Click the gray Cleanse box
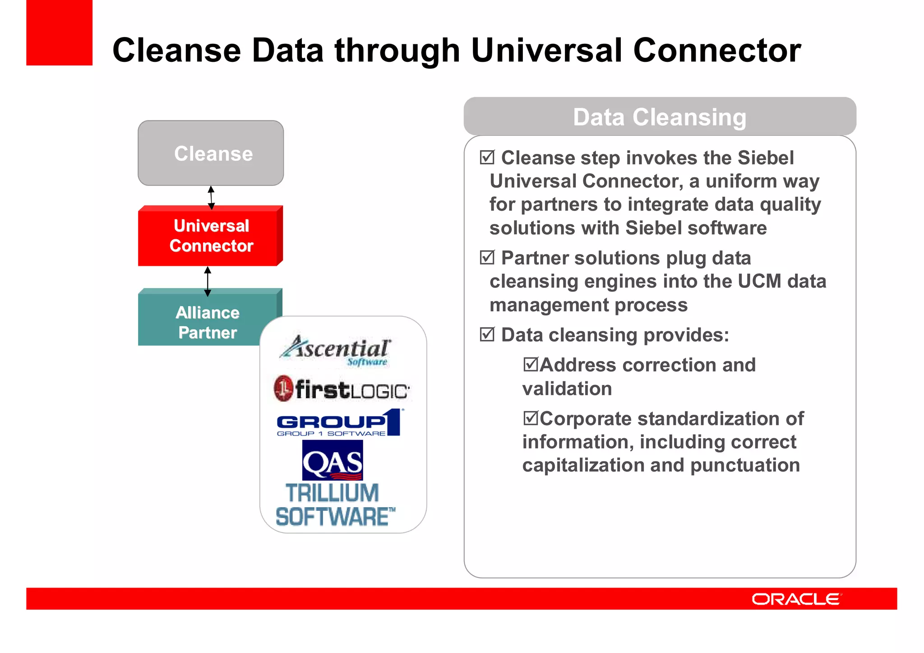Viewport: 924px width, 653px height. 211,153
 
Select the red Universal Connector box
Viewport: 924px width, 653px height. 211,236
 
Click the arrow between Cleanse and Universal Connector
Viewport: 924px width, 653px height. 211,197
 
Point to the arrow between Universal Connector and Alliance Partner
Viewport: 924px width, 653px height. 208,281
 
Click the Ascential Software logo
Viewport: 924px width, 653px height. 336,350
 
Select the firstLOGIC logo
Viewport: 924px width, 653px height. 342,389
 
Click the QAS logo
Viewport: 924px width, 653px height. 333,460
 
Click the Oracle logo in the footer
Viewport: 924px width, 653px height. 796,599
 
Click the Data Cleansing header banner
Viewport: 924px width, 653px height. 660,117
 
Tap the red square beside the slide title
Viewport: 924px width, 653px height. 59,32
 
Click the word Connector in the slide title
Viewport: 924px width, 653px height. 717,50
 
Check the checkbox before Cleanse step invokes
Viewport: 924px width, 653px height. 487,157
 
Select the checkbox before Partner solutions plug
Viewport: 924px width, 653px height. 487,257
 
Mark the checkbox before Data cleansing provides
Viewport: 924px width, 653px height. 487,334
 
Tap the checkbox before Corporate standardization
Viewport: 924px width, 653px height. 531,418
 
